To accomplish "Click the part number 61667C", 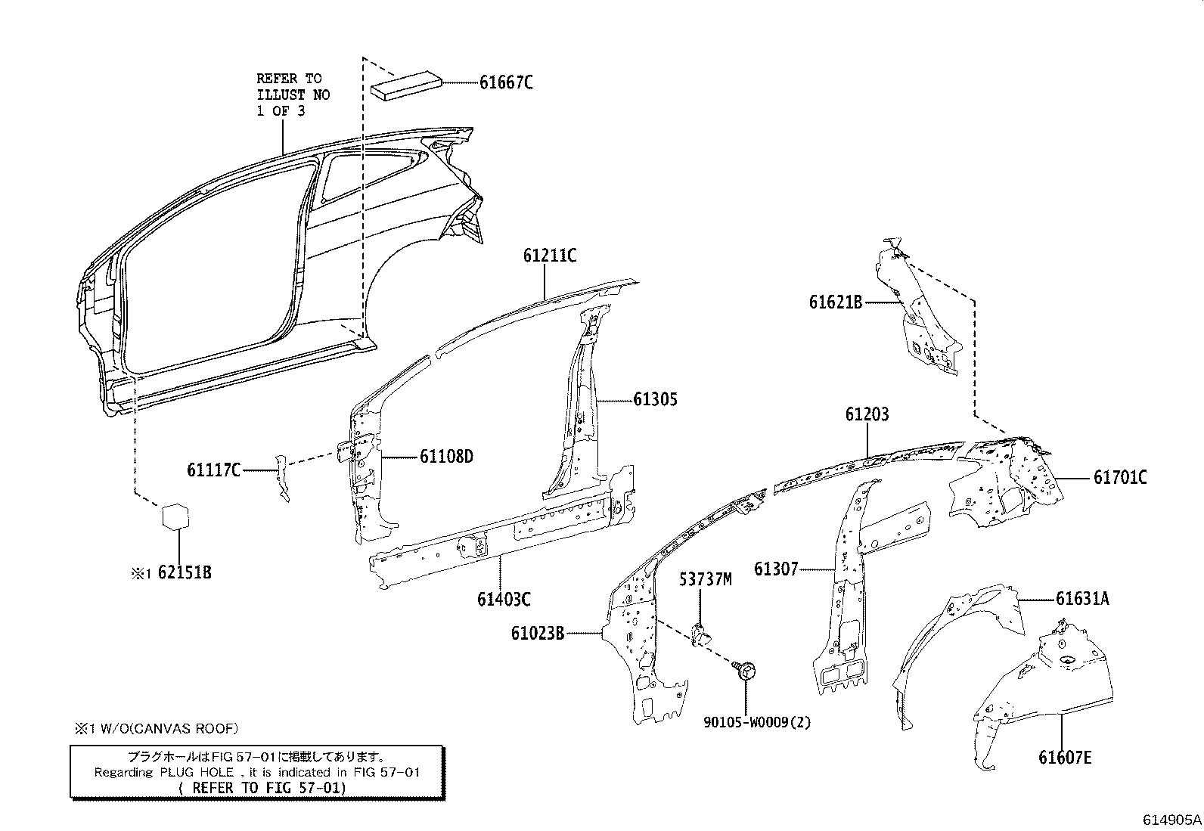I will (x=505, y=82).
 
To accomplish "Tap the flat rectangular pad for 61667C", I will (x=409, y=84).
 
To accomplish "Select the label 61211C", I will (x=550, y=256).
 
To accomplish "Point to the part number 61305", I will (x=655, y=399).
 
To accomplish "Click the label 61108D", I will (x=446, y=457).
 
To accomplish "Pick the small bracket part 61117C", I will (x=282, y=479).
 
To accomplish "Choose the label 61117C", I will (x=213, y=470).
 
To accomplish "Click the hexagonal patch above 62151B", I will (x=175, y=517).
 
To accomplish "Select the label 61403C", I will (x=504, y=600).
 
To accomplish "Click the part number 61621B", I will (x=836, y=302).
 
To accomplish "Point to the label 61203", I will (x=867, y=414).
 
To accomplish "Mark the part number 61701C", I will (x=1119, y=478).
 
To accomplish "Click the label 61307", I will (x=776, y=569).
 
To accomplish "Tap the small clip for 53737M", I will (x=700, y=633).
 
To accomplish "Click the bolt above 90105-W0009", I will (x=745, y=671).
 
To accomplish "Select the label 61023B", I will (x=537, y=633).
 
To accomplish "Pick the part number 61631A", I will (x=1082, y=599).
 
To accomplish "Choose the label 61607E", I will (x=1065, y=757).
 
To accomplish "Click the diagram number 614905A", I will (x=1171, y=820).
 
